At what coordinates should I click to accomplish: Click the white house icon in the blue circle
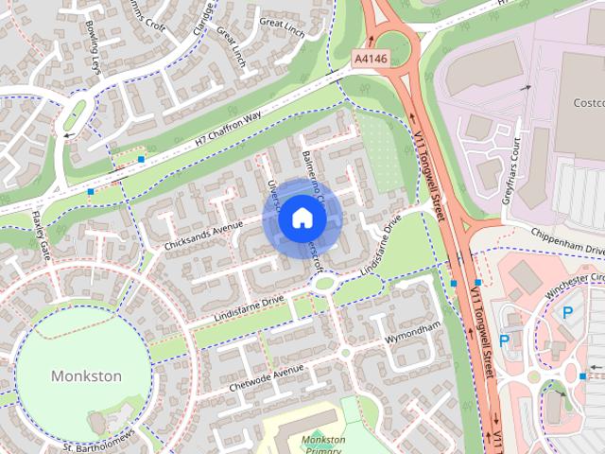(302, 218)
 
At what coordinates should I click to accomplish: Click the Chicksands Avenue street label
(203, 233)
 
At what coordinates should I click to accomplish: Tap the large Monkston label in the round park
(85, 375)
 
